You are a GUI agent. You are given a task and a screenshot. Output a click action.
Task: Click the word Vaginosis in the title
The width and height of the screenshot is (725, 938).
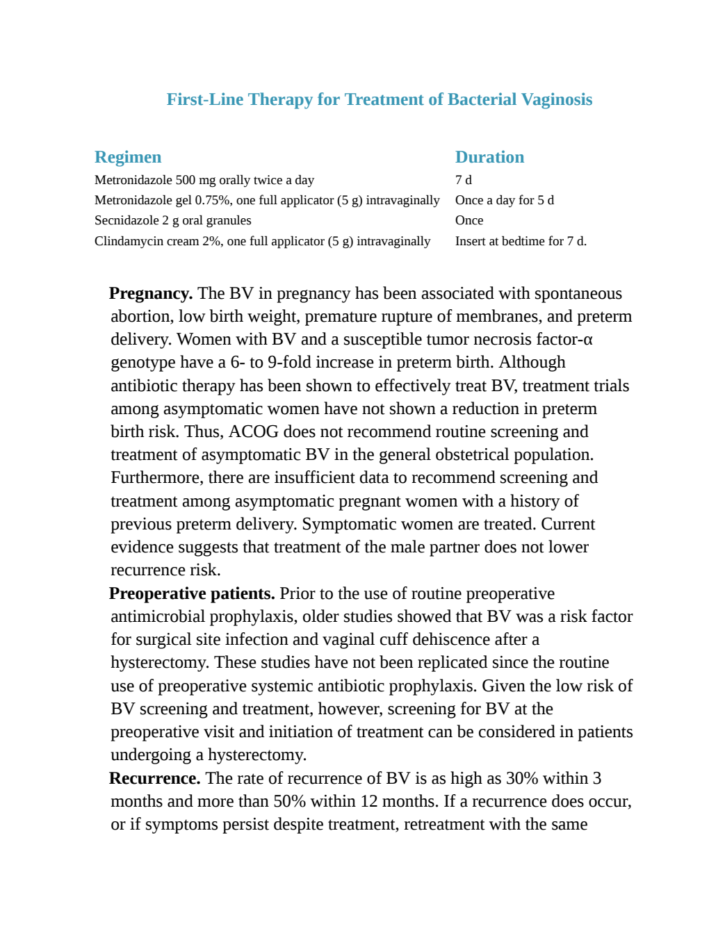pos(557,100)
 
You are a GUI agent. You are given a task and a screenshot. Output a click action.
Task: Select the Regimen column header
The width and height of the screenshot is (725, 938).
pos(128,157)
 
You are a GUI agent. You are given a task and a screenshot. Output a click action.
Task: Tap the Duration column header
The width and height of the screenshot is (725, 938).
pos(489,157)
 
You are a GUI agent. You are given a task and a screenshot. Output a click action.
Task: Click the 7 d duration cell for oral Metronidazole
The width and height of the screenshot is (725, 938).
pos(464,180)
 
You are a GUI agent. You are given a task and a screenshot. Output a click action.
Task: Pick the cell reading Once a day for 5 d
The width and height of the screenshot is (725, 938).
pos(505,200)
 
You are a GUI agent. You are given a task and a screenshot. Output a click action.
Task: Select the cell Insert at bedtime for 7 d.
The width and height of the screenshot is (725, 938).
pos(521,241)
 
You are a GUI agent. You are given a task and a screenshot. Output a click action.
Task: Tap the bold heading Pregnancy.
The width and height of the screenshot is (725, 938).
pos(151,294)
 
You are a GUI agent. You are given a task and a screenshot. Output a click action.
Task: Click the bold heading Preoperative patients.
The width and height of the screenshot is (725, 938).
pos(192,594)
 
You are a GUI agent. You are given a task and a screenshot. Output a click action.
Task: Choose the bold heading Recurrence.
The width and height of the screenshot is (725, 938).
pos(154,778)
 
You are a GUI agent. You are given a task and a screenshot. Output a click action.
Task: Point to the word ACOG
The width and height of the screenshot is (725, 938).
pos(254,431)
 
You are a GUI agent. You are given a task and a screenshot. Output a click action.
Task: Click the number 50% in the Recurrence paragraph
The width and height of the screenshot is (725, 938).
pos(290,802)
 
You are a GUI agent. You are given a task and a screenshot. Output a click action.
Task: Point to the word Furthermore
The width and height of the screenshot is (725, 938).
pos(157,478)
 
